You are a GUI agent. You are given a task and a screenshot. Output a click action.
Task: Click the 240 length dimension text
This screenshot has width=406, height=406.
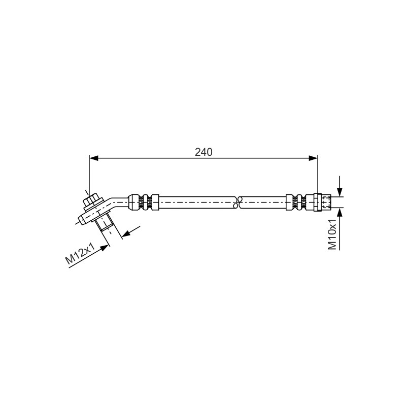point(204,152)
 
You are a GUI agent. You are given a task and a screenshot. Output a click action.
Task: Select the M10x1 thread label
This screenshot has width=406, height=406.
point(332,234)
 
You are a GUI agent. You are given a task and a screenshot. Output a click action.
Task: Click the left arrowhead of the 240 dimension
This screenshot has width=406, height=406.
point(94,158)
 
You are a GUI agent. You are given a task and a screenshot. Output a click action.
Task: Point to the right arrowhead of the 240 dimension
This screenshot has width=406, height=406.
point(313,158)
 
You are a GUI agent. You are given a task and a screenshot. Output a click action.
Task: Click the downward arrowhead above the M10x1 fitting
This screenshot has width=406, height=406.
point(340,192)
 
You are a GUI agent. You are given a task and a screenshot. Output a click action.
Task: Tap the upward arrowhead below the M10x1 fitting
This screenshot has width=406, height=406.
point(340,212)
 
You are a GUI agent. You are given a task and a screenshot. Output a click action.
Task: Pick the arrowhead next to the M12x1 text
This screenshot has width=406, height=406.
point(104,248)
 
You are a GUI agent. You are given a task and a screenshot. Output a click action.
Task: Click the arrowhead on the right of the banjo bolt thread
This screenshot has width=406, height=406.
point(126,234)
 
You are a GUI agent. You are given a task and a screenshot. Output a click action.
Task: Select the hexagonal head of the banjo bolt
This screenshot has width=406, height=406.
point(91,200)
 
